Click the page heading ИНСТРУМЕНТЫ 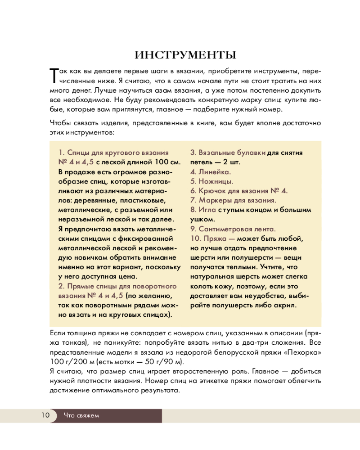pos(185,55)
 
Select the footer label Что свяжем pos(81,415)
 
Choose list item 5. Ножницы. pos(211,181)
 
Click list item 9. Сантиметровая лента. pos(233,229)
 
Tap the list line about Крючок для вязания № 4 pos(238,191)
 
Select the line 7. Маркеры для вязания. pos(233,200)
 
